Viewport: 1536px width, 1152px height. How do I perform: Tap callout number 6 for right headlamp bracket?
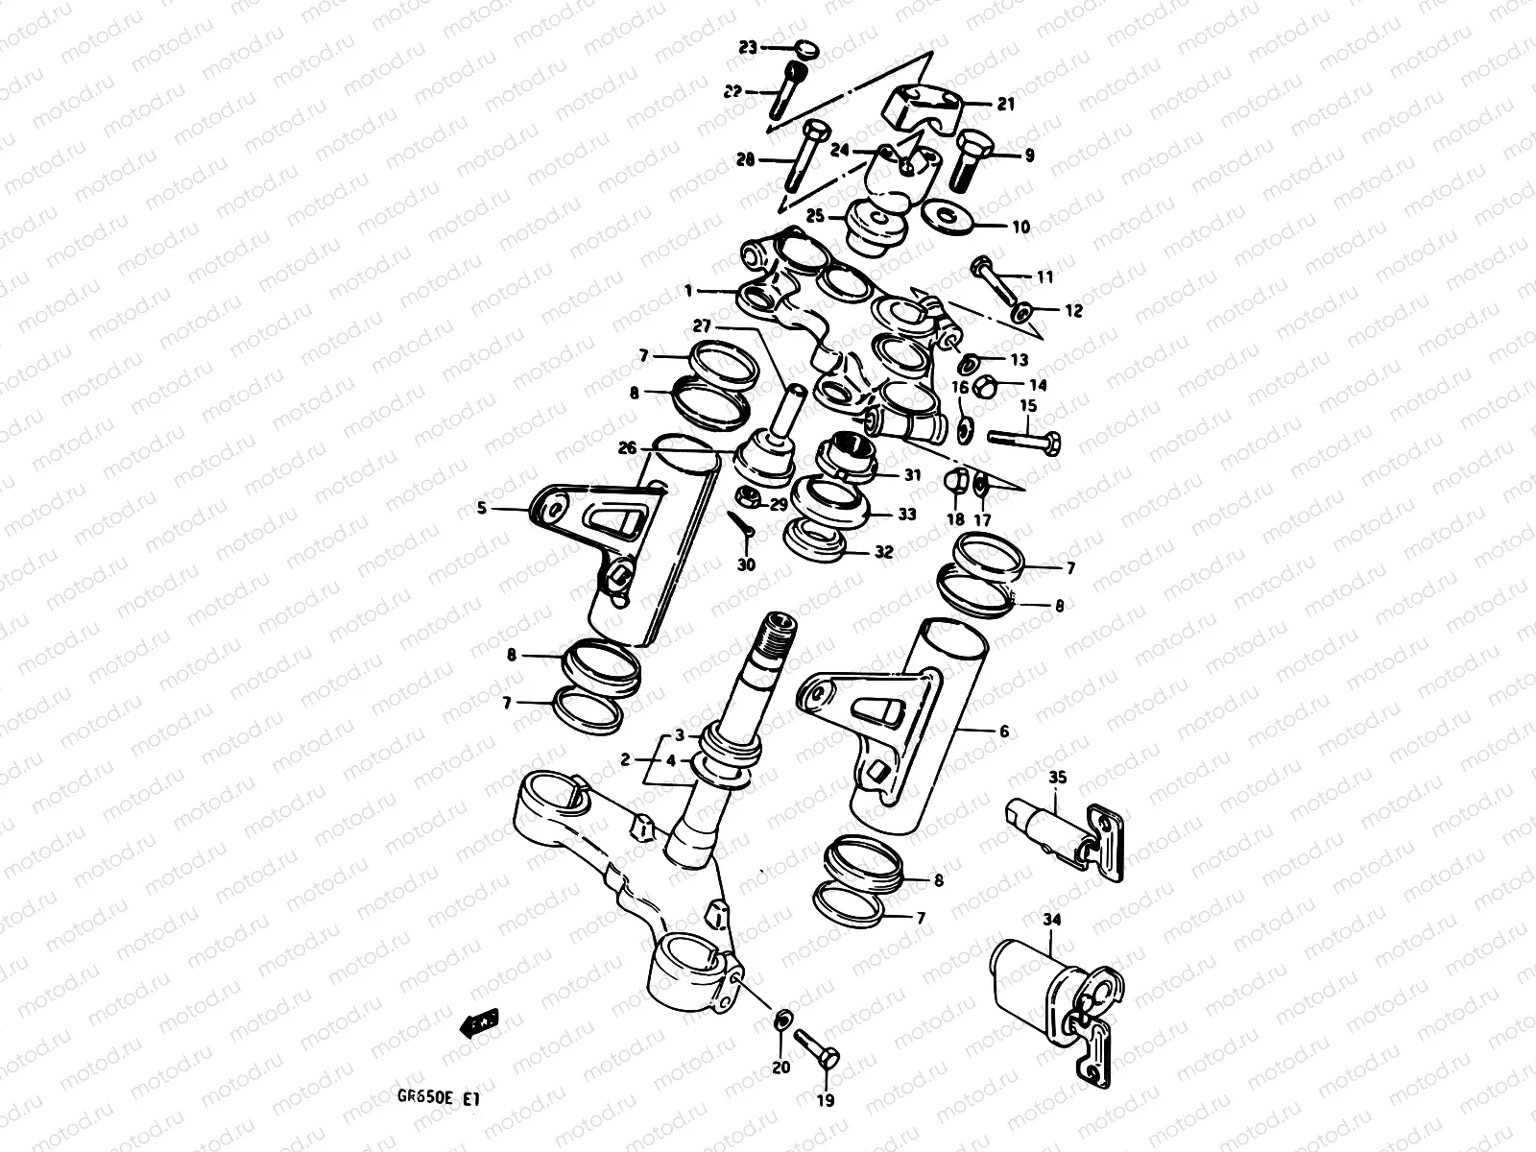point(1004,732)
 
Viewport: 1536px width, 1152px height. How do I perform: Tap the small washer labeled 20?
point(782,1018)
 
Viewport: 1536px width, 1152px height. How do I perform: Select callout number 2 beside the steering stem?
point(625,759)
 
